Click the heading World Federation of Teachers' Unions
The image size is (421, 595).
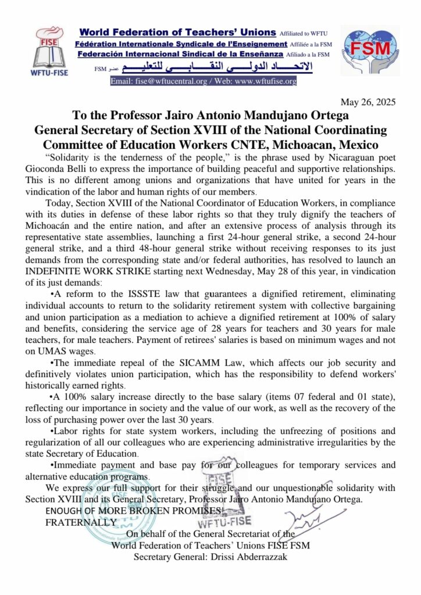[179, 34]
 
